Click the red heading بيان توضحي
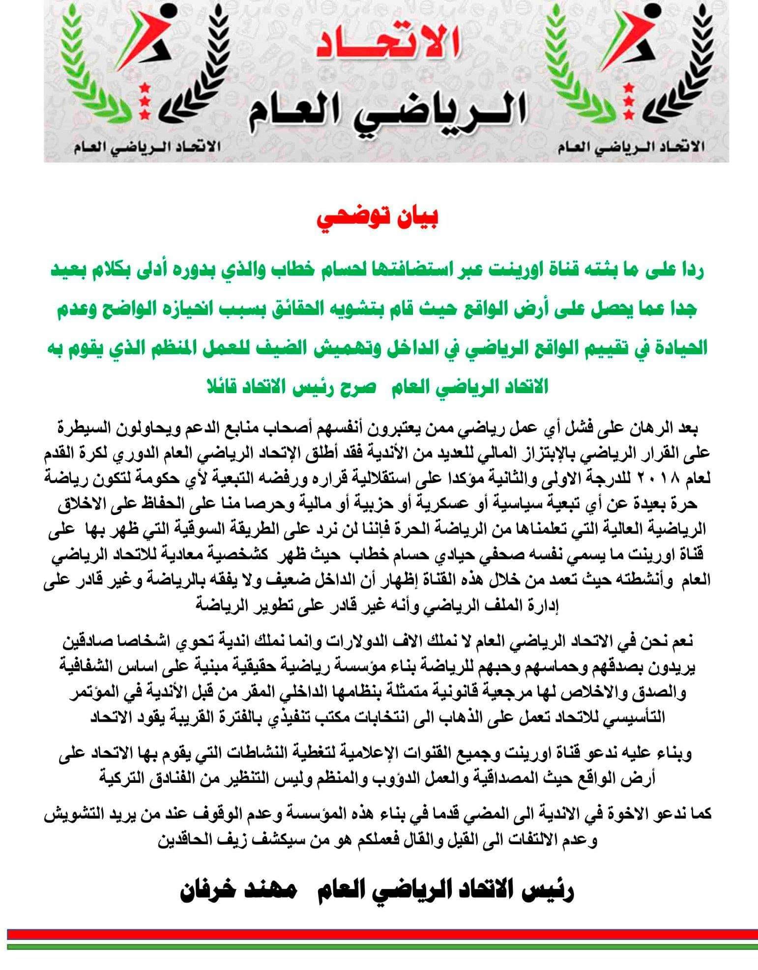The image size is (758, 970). click(x=379, y=220)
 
